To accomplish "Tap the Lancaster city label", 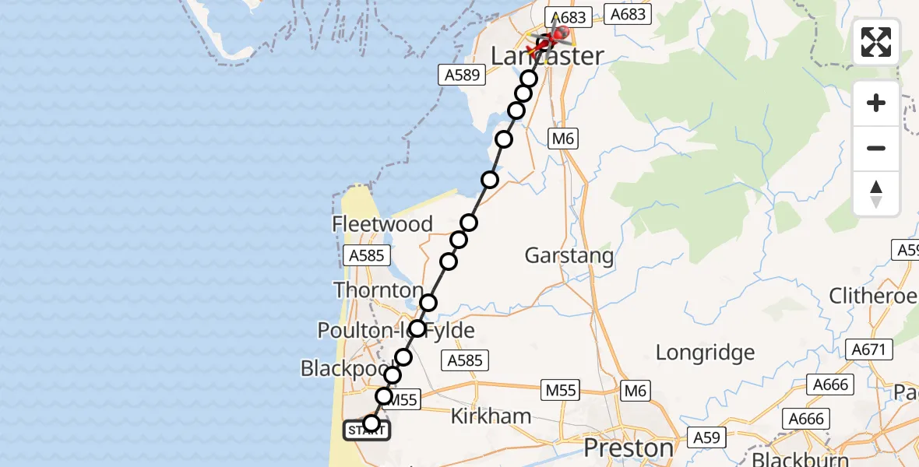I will [x=548, y=56].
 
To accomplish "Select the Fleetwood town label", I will [x=382, y=224].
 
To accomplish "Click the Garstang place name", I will [x=569, y=255].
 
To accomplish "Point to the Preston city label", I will [x=629, y=448].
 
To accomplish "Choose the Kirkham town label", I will [x=491, y=416].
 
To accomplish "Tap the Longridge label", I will [x=705, y=353].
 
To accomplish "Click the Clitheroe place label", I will [x=872, y=296].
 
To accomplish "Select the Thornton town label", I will [x=379, y=290].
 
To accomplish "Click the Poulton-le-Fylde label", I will [x=396, y=331].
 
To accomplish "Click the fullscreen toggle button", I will [x=876, y=42].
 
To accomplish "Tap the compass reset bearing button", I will [x=876, y=194].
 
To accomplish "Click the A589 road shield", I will [x=461, y=75].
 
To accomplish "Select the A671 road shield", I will [x=868, y=350].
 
